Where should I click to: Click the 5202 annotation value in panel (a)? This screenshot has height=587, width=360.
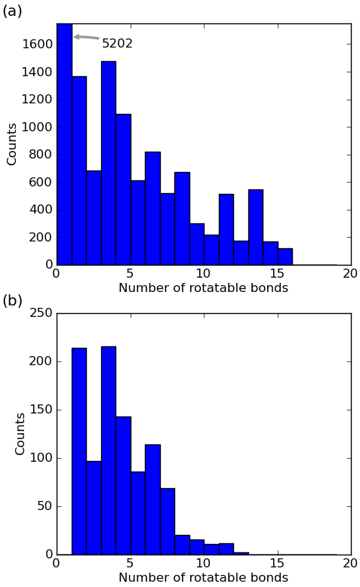[x=117, y=44]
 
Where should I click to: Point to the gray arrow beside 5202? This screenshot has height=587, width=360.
[x=86, y=37]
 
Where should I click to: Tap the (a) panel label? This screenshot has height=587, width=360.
[x=12, y=11]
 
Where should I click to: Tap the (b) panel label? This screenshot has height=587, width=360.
[x=12, y=301]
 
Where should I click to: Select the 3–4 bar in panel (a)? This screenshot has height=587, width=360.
[x=109, y=163]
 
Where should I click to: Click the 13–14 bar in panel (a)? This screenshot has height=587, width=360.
[x=256, y=227]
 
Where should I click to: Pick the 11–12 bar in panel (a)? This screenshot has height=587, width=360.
[x=226, y=229]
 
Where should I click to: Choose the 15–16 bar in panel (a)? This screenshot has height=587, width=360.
[x=285, y=257]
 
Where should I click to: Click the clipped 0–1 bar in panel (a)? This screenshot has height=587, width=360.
[x=64, y=144]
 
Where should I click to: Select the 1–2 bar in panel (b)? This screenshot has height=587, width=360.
[x=79, y=451]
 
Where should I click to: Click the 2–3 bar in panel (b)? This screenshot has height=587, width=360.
[x=94, y=508]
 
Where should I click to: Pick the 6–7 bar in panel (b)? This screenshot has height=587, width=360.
[x=153, y=499]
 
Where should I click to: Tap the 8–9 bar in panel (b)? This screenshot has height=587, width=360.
[x=182, y=545]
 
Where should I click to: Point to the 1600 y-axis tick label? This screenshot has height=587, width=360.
[x=37, y=45]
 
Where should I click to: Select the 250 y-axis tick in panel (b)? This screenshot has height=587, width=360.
[x=41, y=313]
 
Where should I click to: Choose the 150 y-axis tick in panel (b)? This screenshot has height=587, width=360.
[x=41, y=410]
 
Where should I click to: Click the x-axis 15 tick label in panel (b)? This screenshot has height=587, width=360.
[x=278, y=563]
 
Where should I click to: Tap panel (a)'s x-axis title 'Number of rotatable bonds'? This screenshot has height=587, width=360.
[x=204, y=287]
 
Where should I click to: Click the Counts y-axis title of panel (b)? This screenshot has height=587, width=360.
[x=20, y=434]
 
